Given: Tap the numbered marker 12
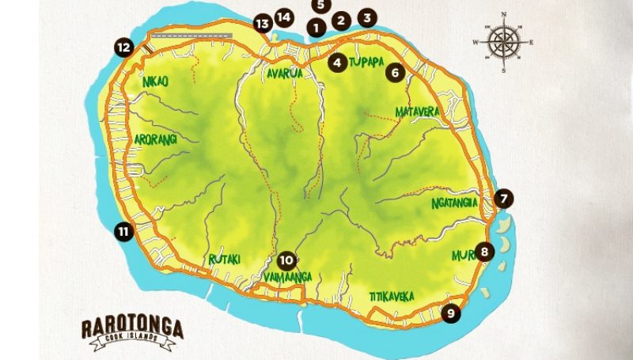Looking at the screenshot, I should pyautogui.click(x=123, y=47).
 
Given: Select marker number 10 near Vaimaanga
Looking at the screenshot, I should pyautogui.click(x=286, y=259).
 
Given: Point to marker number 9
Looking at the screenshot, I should pyautogui.click(x=450, y=313).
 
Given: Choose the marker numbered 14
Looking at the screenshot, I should pyautogui.click(x=283, y=17).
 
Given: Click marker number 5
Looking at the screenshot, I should pyautogui.click(x=320, y=5).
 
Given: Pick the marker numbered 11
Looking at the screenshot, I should pyautogui.click(x=123, y=231).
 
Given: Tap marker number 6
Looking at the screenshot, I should pyautogui.click(x=395, y=72).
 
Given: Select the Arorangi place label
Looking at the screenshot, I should pyautogui.click(x=156, y=138).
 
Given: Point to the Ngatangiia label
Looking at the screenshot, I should pyautogui.click(x=455, y=203).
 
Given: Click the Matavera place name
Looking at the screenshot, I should pyautogui.click(x=417, y=112).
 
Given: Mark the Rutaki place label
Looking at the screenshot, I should pyautogui.click(x=225, y=259).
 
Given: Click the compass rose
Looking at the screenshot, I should pyautogui.click(x=504, y=41).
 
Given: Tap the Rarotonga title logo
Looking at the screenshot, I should pyautogui.click(x=133, y=330).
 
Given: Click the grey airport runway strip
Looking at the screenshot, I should pyautogui.click(x=191, y=36).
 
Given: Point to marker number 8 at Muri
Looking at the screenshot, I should pyautogui.click(x=484, y=252).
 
